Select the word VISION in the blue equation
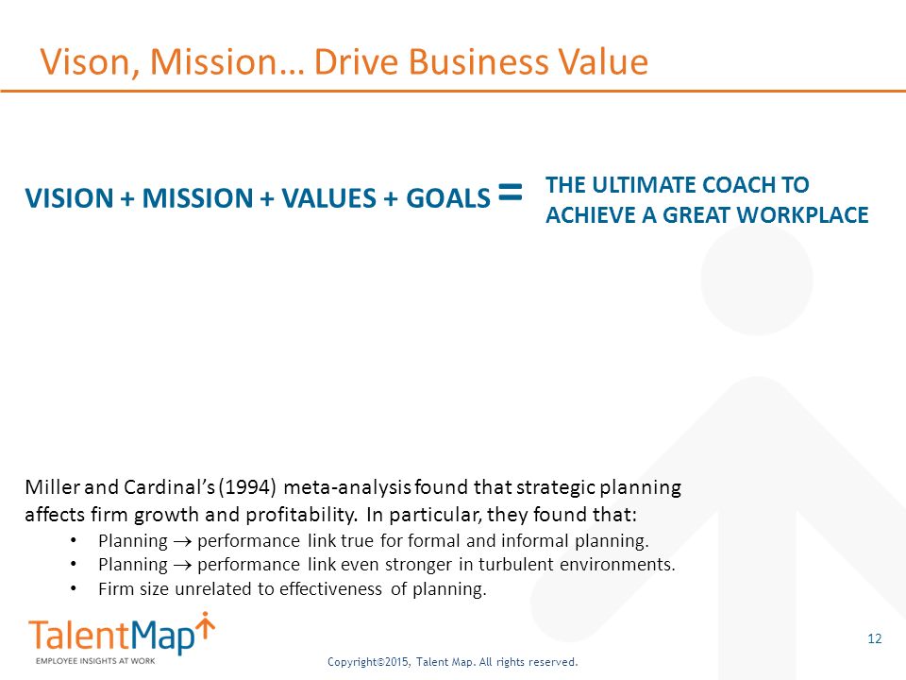pos(69,198)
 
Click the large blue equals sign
pos(510,192)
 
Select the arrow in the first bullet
pos(174,542)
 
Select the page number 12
pos(874,639)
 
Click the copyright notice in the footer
pos(452,662)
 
